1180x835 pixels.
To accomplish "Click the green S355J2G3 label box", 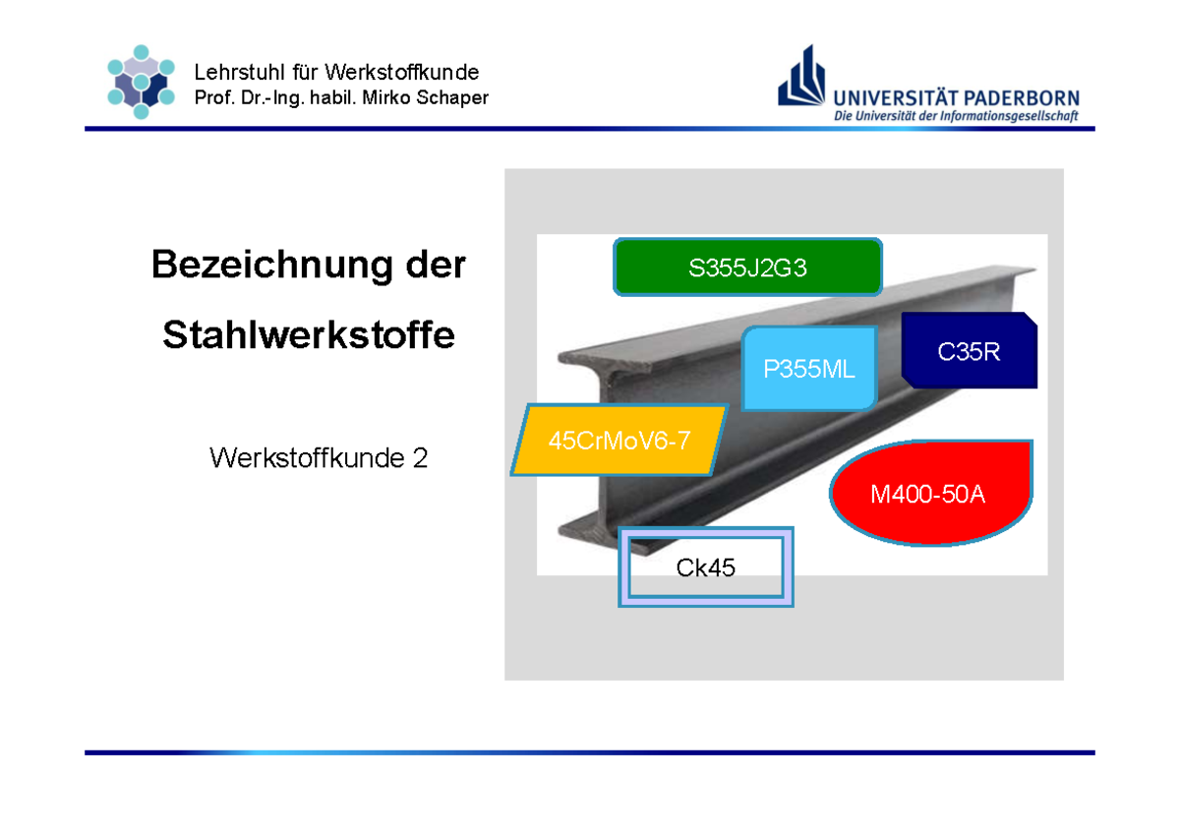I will coord(747,268).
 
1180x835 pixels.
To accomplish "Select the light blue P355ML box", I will coord(809,369).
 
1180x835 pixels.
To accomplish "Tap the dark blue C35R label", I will coord(969,351).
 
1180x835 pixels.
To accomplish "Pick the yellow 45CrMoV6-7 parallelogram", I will coord(619,440).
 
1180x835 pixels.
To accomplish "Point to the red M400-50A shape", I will coord(928,494).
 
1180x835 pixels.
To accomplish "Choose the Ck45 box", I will coord(706,567).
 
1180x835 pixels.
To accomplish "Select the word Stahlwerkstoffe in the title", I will coord(309,335).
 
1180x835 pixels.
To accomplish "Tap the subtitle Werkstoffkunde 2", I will coord(319,457).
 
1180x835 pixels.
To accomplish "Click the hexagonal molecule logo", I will coord(141,82).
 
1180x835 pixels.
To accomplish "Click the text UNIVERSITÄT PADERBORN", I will coord(957,97).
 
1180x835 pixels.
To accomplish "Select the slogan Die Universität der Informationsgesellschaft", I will coord(957,116).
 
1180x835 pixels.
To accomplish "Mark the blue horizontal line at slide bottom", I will coord(590,752).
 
